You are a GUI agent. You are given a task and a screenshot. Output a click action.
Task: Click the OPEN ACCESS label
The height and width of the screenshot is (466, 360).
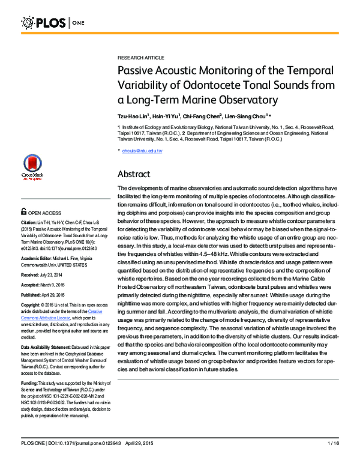[x=48, y=213]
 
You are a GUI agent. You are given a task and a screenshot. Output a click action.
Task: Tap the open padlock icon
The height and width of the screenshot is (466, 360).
[x=23, y=212]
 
